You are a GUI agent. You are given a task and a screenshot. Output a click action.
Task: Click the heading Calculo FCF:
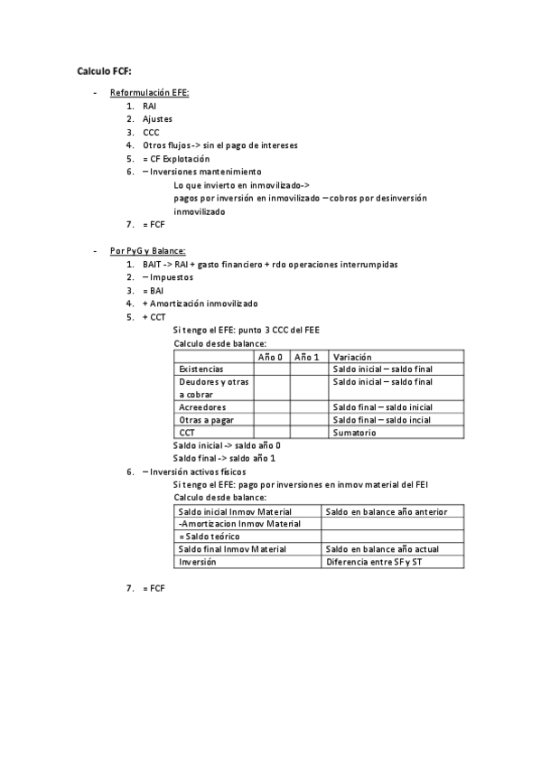pos(104,70)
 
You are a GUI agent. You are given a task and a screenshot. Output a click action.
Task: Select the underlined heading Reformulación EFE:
pos(149,93)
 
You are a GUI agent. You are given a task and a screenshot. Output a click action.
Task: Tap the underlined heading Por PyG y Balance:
pos(147,251)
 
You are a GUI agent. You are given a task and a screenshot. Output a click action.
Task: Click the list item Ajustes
pos(157,119)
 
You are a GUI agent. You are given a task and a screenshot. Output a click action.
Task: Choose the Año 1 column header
pos(307,358)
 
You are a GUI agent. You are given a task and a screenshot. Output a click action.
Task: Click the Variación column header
pos(352,358)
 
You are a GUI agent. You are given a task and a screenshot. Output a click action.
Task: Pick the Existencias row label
pos(201,369)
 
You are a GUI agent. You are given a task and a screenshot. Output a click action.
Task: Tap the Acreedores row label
pos(202,407)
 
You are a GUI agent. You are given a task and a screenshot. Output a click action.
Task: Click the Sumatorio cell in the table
pos(355,433)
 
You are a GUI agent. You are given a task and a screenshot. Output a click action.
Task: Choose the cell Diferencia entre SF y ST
pos(373,562)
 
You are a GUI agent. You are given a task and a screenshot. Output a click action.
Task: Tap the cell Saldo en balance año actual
pos(382,549)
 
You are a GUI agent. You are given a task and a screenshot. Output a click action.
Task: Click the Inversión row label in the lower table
pos(198,562)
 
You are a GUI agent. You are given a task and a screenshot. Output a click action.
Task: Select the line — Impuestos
pos(167,277)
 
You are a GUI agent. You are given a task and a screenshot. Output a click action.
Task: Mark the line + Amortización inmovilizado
pos(200,304)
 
